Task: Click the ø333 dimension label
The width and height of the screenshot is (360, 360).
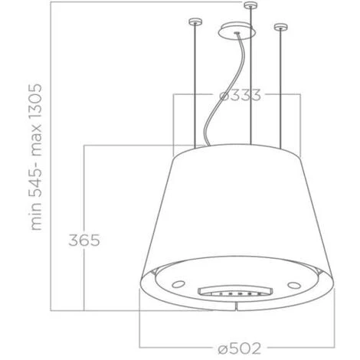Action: pyautogui.click(x=240, y=96)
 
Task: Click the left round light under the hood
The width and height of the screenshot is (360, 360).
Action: pyautogui.click(x=177, y=283)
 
